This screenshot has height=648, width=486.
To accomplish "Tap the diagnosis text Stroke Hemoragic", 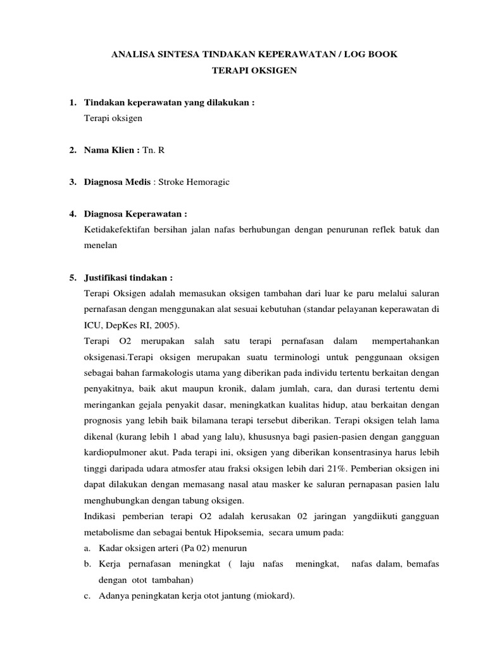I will [x=194, y=182].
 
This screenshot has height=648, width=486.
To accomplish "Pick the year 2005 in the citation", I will [x=167, y=325].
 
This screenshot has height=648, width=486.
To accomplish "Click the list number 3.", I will [x=72, y=182].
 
